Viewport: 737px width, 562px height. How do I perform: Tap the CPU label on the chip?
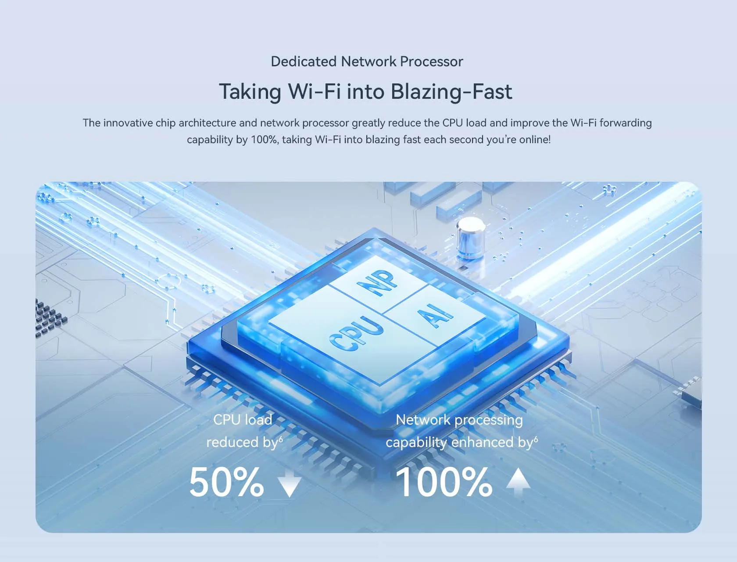(x=356, y=333)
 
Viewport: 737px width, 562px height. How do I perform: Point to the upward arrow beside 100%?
(x=518, y=481)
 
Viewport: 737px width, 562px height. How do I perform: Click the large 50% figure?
(x=226, y=482)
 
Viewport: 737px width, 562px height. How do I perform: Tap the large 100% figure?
(x=444, y=482)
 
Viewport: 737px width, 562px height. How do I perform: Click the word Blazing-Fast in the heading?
(x=451, y=92)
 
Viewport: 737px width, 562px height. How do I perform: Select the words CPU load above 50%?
(x=243, y=420)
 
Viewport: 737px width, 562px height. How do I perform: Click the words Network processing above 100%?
(x=459, y=420)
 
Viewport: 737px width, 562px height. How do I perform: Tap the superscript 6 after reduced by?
(x=281, y=438)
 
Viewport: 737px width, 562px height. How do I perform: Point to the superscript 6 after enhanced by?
(x=536, y=438)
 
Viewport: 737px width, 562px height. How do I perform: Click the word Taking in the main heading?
(x=250, y=92)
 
